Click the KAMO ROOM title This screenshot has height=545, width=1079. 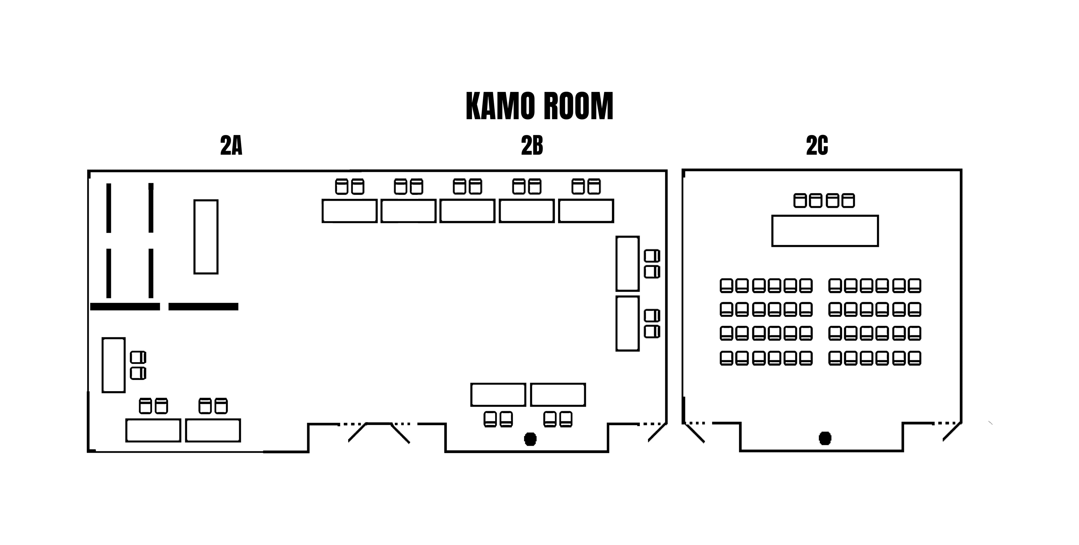tap(539, 107)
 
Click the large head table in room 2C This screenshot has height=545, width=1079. tap(825, 231)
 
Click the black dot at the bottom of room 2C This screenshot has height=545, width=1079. tap(825, 438)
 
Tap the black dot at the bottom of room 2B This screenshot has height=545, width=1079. tap(530, 439)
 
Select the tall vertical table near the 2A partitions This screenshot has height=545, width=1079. tap(206, 237)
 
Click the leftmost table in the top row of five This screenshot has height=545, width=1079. tap(349, 211)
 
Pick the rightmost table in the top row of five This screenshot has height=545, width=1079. tap(586, 211)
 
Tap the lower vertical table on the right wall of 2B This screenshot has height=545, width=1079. tap(627, 323)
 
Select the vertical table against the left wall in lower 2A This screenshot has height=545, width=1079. tap(114, 365)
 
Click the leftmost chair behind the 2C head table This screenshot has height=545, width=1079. tap(800, 201)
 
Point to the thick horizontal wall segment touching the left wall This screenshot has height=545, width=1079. tap(125, 307)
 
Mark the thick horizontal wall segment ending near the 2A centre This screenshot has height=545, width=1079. tap(203, 307)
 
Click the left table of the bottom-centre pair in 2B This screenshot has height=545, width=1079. tap(498, 395)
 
